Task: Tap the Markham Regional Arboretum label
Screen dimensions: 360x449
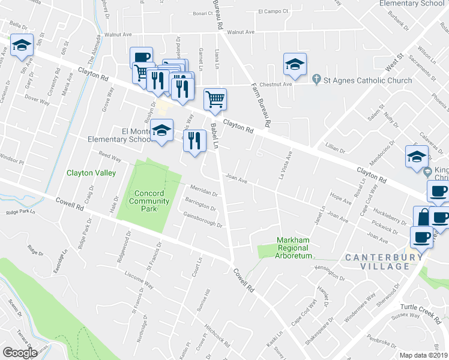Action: coord(294,248)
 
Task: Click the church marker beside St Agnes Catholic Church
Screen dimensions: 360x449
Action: coord(317,80)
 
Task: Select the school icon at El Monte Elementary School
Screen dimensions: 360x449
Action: coord(161,130)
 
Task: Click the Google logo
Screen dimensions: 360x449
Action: coord(20,353)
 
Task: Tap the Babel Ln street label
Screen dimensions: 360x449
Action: coord(214,136)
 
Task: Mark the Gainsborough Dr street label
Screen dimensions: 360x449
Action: coord(203,221)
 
